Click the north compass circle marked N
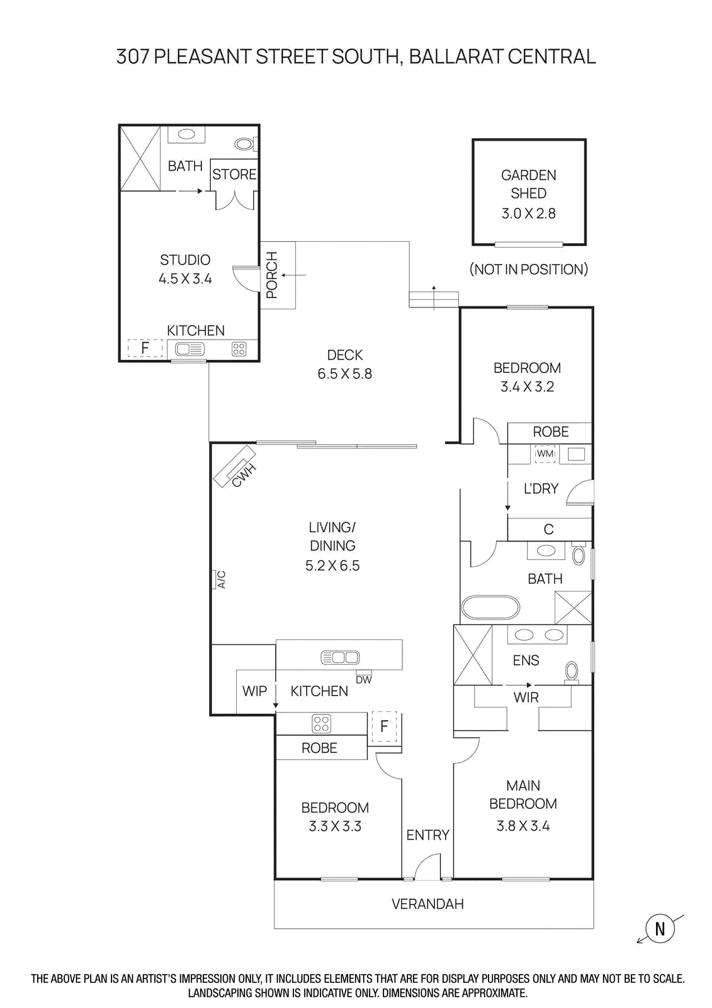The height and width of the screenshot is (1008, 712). coord(659,929)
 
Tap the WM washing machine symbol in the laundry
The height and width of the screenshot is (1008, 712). coord(545,454)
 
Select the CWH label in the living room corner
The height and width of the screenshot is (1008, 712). coord(244,476)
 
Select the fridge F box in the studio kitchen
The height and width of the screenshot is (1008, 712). coord(145,348)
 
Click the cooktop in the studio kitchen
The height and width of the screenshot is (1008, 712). coord(239,349)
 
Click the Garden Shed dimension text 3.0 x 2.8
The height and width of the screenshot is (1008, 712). coord(528,214)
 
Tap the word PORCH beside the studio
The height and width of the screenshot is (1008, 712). coord(272,275)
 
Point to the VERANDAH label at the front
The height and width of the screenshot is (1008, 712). coord(427,904)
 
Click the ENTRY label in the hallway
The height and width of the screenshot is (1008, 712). coord(427,835)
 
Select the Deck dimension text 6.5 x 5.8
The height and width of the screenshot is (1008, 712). coord(344,374)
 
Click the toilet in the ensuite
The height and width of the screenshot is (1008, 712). coord(572,672)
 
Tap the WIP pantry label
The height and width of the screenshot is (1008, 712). coord(254,691)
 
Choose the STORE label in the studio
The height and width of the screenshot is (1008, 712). coord(234,175)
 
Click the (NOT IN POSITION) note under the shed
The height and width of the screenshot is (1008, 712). coord(528,270)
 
